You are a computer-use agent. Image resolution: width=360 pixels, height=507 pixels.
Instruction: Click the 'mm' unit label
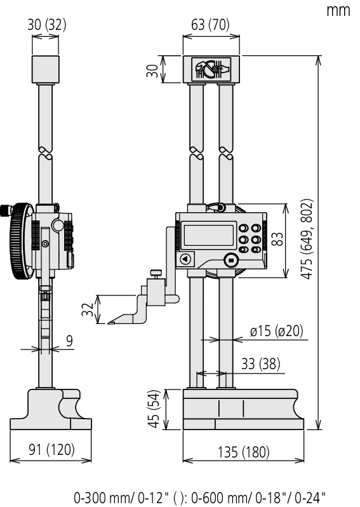click(338, 11)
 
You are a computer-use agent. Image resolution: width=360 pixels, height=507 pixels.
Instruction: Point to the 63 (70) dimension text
click(206, 25)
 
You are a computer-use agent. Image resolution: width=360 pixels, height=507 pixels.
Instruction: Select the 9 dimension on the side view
click(69, 341)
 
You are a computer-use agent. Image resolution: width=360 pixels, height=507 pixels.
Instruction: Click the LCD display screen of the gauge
click(208, 235)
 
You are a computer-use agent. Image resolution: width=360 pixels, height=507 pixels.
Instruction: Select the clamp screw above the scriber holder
click(154, 275)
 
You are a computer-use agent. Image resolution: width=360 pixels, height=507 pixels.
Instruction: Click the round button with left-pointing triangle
click(185, 259)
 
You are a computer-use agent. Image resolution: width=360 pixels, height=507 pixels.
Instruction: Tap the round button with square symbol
click(230, 259)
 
